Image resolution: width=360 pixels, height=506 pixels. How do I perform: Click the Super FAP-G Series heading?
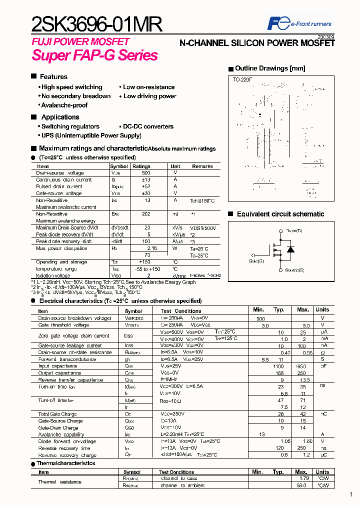(95, 55)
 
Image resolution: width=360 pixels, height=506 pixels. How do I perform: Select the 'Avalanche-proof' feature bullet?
(64, 105)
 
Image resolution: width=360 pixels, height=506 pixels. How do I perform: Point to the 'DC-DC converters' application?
(148, 126)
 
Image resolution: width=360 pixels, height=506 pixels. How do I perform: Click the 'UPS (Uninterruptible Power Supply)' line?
(91, 135)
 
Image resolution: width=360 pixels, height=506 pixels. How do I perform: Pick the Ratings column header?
(141, 166)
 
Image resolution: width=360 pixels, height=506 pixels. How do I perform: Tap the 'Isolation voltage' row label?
(53, 275)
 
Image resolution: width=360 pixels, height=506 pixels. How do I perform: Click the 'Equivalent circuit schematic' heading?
(280, 214)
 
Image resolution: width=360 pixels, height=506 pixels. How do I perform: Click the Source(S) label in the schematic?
(294, 270)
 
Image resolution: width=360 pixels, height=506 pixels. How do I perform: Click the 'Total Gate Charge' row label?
(57, 414)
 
